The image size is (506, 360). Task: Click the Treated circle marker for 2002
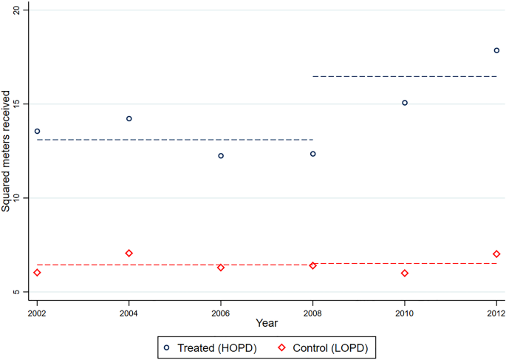37,132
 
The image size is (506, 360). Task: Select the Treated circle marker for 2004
129,118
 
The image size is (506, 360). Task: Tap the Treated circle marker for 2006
221,156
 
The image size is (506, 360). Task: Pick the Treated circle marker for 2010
405,103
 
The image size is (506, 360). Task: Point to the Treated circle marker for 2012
496,50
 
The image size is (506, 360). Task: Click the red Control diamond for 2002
37,273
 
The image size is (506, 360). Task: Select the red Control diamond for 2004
129,254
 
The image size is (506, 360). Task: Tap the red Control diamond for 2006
221,268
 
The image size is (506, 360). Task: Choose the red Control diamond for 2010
405,274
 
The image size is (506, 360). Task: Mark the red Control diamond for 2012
496,254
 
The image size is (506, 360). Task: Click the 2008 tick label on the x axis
312,313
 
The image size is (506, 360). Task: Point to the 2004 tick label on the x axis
129,313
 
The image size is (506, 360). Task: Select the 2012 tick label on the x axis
496,313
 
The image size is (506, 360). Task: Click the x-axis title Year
267,323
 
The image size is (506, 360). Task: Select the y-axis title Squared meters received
7,152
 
